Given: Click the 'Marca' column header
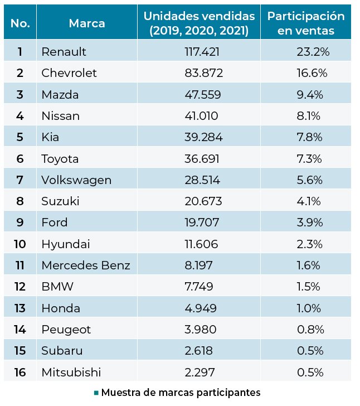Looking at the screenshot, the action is pos(87,23).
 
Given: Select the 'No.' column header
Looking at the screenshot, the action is pos(20,23).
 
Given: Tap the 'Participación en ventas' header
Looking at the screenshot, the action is pos(306,23).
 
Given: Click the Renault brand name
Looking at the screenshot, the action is pos(64,51).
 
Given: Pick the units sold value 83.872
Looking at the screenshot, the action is pos(203,73).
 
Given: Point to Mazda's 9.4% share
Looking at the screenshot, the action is pos(310,94).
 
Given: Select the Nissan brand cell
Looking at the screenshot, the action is pos(61,116).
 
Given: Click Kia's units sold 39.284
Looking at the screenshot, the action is pos(203,137).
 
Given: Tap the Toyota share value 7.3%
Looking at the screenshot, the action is pos(309,158).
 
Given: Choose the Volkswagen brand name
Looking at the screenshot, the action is pos(76,180).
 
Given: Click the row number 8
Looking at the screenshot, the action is pos(20,201).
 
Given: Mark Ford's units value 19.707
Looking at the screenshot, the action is pos(202,223).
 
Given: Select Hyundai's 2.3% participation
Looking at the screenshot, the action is pos(309,244).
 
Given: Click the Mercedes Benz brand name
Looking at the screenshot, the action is pos(86,265).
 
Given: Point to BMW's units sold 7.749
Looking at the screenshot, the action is pos(199,287).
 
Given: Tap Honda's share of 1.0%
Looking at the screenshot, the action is pos(309,308).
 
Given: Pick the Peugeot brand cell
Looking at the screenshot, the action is pos(66,330).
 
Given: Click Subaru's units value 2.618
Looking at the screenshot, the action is pos(198,351).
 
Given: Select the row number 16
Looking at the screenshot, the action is pos(20,373).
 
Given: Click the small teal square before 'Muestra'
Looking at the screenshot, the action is pos(96,393).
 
